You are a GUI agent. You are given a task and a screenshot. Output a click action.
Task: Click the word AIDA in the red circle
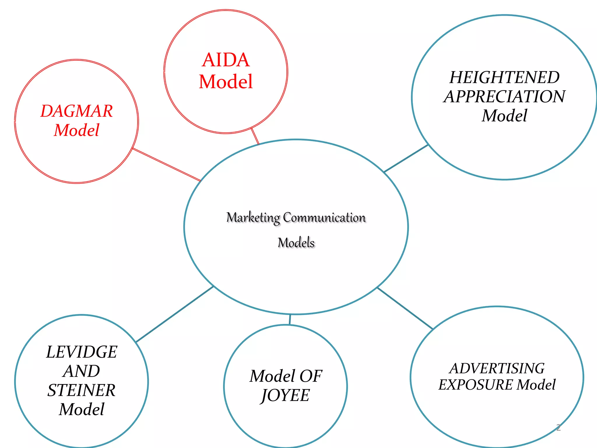coord(226,60)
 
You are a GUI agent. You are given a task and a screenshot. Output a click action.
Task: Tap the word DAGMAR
coord(76,111)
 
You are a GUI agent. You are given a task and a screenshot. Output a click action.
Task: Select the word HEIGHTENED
coord(504,78)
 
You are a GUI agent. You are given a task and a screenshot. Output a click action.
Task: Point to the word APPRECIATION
coord(504,97)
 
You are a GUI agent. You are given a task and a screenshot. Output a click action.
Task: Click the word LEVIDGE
coord(82,352)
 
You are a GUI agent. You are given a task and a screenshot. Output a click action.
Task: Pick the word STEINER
coord(82,390)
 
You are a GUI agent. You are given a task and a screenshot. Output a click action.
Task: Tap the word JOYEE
coord(285,395)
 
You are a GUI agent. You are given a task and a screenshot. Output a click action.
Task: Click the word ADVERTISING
coord(497,368)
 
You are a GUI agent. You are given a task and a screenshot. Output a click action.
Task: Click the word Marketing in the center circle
coord(253,218)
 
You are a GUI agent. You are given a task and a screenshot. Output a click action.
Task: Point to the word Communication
coord(324,218)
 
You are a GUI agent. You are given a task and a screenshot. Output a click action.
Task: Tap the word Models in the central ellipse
coord(296,243)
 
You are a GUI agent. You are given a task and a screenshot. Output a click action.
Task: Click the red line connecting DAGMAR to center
coord(167,165)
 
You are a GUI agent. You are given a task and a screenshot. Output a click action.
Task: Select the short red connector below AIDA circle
coord(255,136)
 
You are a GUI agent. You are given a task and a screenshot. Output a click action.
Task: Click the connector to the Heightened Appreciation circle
coord(406,158)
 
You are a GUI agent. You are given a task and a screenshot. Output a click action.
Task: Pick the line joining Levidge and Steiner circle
coord(175,314)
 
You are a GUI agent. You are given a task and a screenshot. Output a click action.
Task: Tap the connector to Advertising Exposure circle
coord(405,308)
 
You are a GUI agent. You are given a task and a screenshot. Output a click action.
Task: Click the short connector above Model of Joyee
coord(290,320)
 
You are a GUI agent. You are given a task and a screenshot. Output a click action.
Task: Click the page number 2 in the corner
coord(558,428)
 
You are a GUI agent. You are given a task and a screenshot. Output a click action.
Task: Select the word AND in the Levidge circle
coord(82,371)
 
